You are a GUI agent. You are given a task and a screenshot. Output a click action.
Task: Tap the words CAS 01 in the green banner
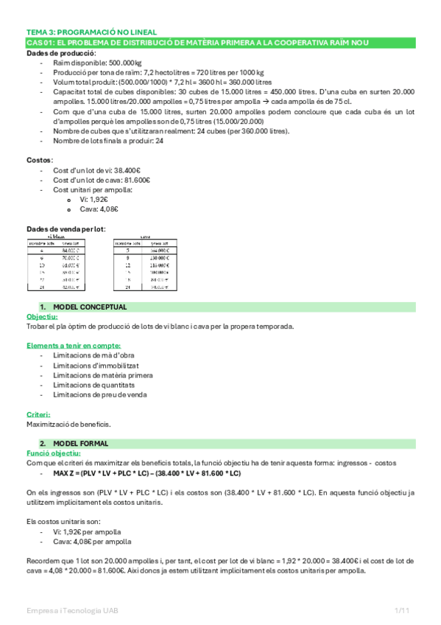coord(37,43)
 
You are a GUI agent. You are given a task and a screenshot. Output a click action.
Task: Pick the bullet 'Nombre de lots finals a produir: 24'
coord(108,141)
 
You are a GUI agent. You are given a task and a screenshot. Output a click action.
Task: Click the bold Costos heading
coord(40,159)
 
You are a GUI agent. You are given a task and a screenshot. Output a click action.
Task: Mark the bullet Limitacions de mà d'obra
coord(92,355)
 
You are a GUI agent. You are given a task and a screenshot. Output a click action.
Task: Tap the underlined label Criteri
coord(38,414)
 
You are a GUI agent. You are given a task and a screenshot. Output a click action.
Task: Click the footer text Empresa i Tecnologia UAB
coord(73,611)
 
